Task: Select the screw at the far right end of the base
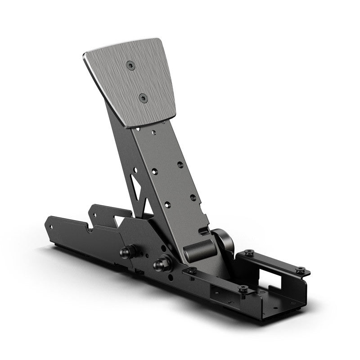pos(300,270)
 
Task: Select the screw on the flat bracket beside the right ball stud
pos(191,270)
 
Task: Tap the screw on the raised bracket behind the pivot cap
pos(248,253)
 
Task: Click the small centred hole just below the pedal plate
pos(154,133)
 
